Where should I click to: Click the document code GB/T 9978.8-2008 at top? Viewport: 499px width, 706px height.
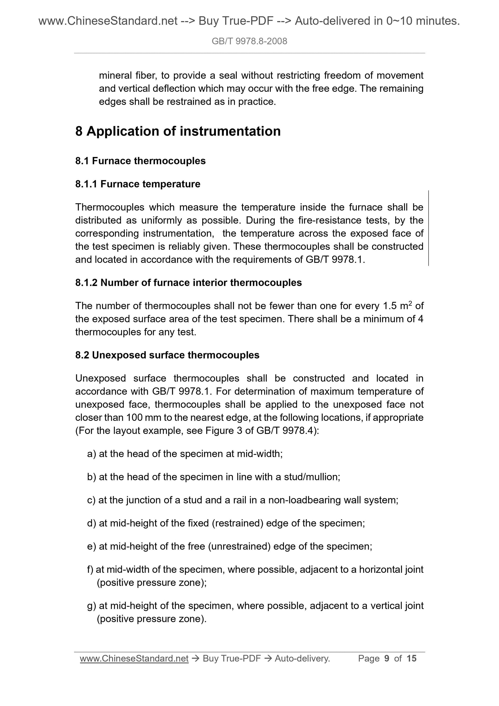coord(249,41)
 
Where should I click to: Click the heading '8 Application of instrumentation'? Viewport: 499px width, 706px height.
coord(178,131)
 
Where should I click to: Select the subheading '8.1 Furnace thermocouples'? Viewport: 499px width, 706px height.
coord(140,161)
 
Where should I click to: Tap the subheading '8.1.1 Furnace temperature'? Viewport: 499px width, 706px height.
coord(138,184)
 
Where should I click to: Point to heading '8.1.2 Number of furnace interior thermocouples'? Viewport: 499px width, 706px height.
coord(188,283)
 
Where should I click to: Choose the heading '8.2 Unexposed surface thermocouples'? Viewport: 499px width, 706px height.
coord(167,355)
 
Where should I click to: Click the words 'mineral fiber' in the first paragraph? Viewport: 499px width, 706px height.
coord(127,76)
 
